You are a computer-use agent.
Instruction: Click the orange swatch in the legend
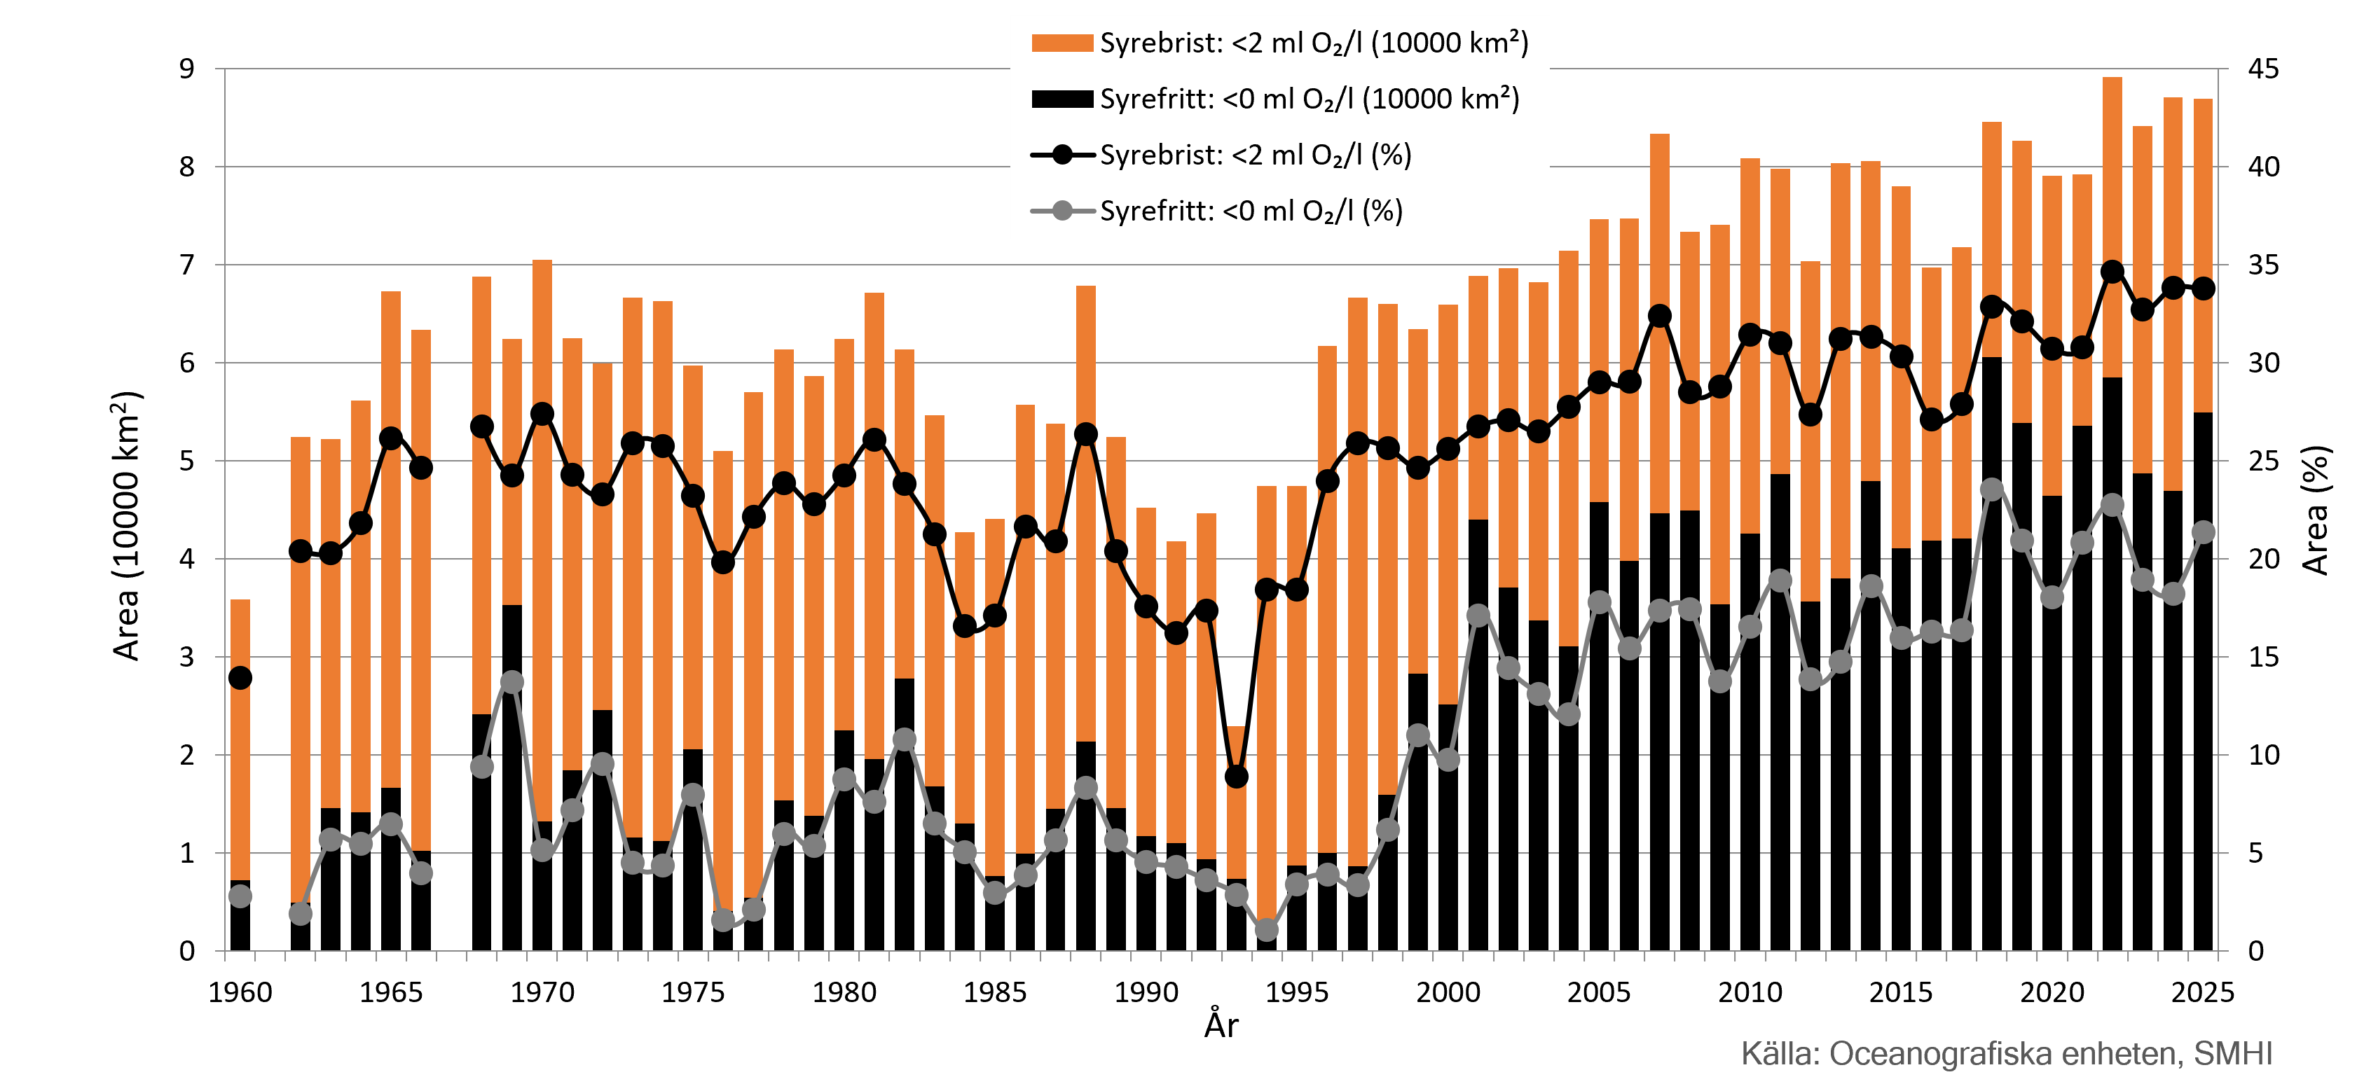click(x=1061, y=43)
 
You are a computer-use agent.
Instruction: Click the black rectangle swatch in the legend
click(x=1061, y=99)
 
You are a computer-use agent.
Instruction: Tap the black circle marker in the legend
click(x=1062, y=155)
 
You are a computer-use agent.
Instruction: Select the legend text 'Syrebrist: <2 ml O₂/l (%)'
click(x=1256, y=155)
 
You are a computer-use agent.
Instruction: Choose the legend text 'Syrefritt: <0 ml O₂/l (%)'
click(x=1251, y=211)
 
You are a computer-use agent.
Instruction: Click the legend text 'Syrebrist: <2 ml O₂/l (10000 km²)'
click(x=1314, y=43)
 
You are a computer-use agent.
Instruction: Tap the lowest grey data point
click(x=1266, y=929)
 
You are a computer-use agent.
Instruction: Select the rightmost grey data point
click(x=2204, y=531)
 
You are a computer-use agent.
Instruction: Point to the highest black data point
click(x=2112, y=272)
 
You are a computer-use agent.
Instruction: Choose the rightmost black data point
click(x=2204, y=288)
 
